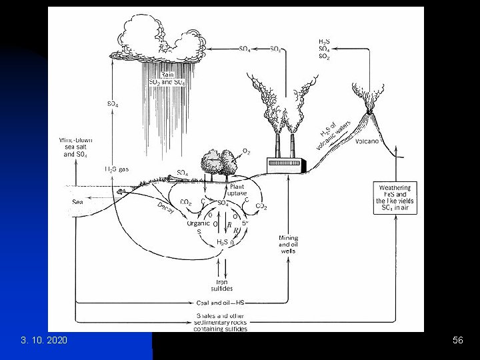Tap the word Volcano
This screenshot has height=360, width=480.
tap(368, 141)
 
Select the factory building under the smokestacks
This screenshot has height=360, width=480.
tap(285, 163)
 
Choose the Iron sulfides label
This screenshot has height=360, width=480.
tap(223, 284)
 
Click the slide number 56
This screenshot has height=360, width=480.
tap(457, 341)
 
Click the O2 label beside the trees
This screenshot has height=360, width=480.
tap(246, 152)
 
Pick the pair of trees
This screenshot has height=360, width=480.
tap(219, 163)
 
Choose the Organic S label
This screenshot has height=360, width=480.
tap(199, 227)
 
